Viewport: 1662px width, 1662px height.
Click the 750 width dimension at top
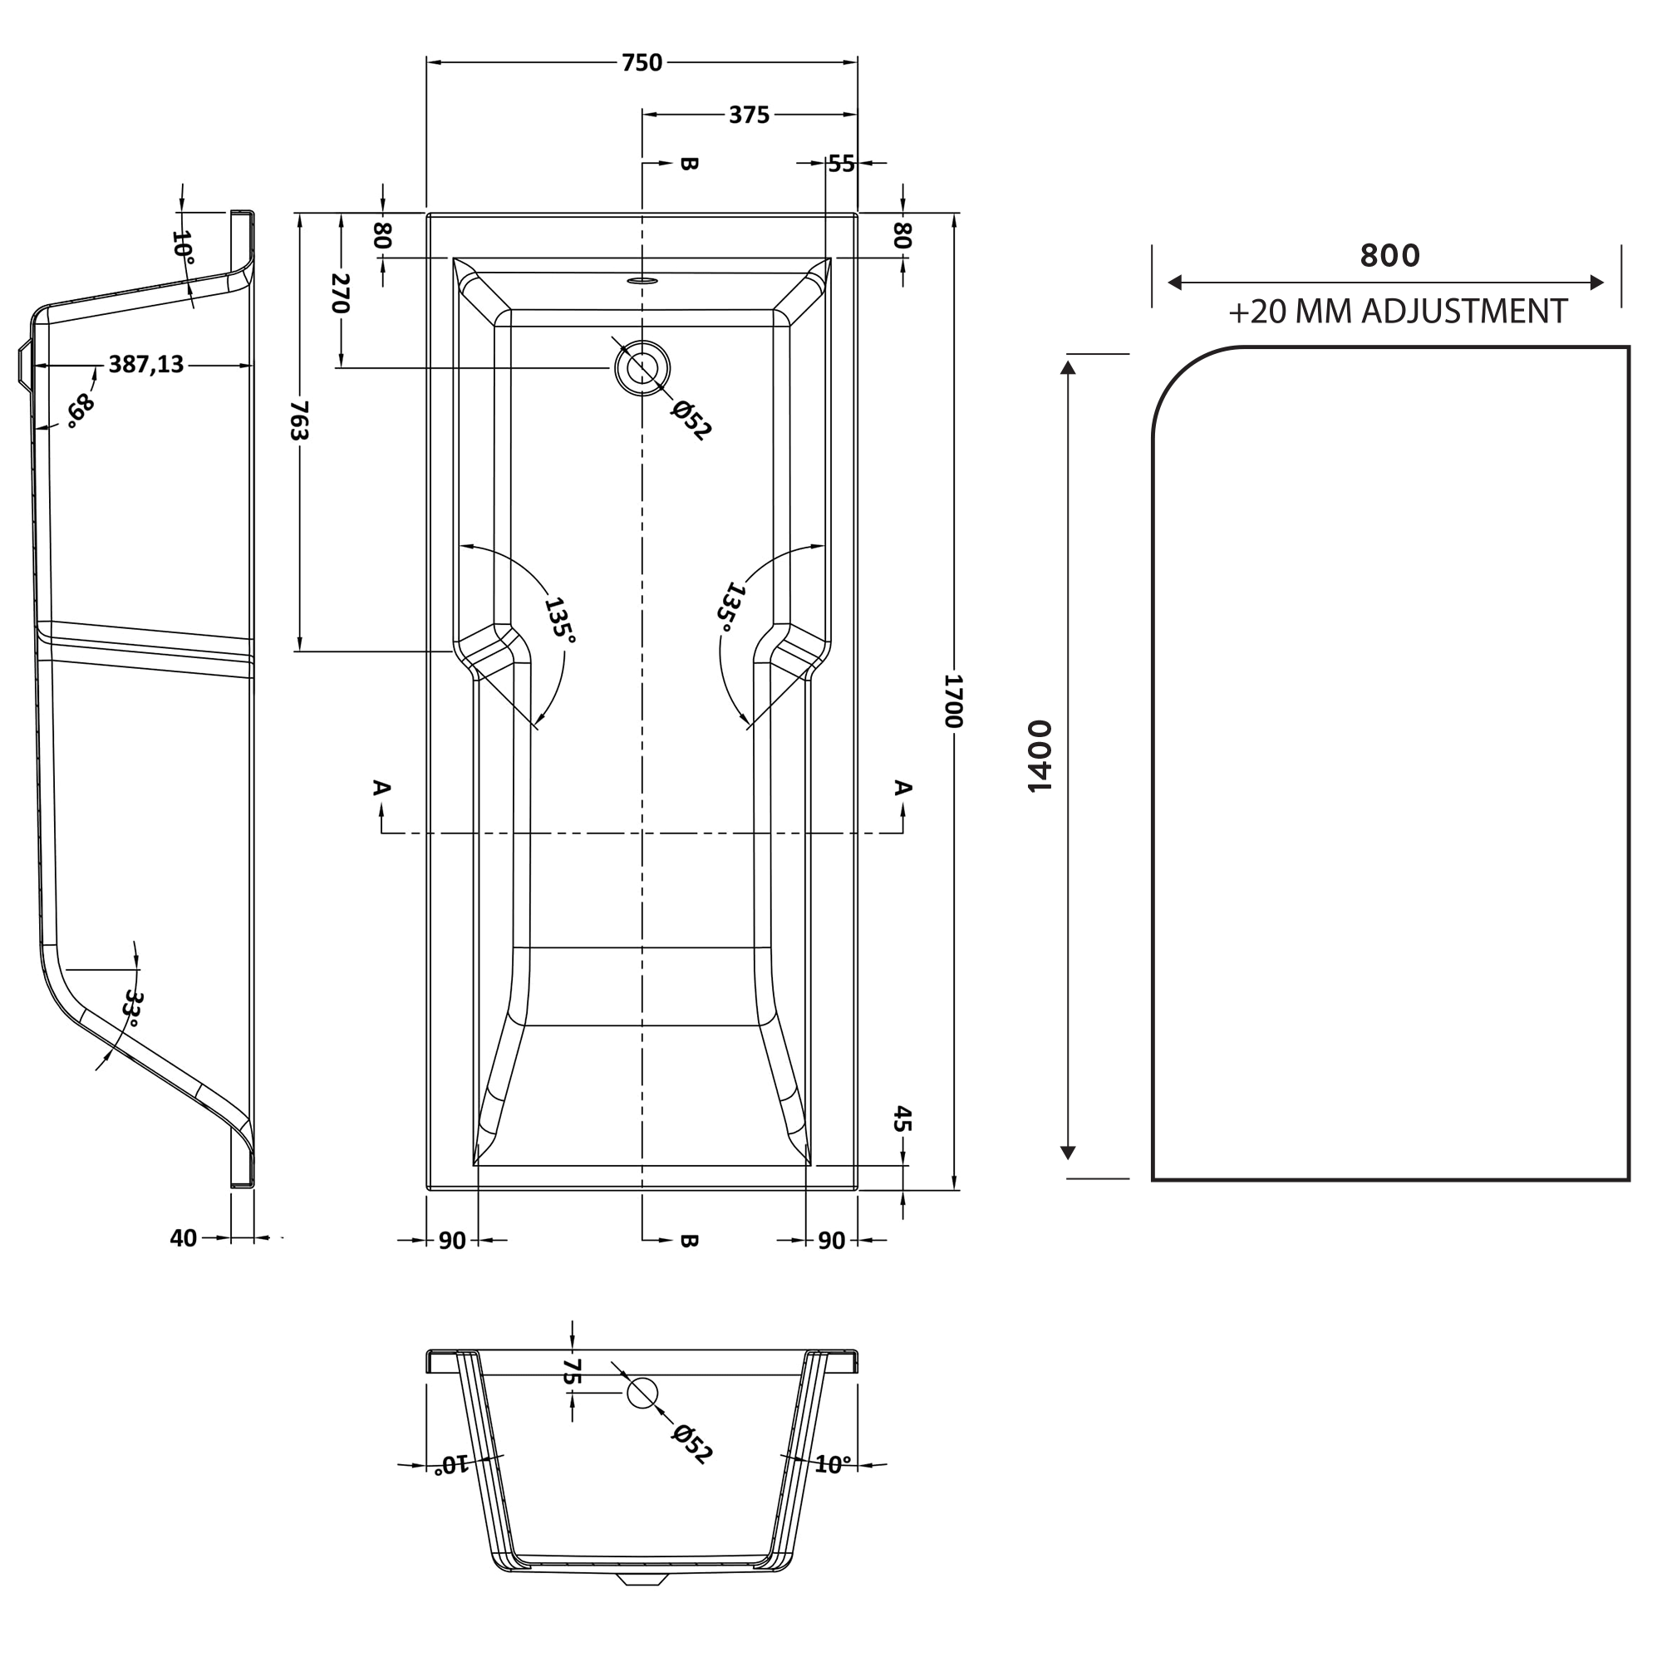click(642, 63)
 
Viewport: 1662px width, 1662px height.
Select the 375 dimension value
click(749, 116)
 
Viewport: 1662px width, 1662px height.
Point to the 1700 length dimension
click(953, 701)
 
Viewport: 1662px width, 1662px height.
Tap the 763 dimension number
click(298, 420)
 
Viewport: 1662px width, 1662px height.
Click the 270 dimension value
click(341, 293)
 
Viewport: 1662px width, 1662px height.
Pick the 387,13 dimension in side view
click(146, 365)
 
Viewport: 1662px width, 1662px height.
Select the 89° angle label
click(80, 411)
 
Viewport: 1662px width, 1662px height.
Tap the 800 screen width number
click(1389, 255)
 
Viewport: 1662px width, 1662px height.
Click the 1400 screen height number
click(1040, 756)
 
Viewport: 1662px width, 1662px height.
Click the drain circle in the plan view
click(642, 367)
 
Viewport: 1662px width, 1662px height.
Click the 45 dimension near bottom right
click(902, 1119)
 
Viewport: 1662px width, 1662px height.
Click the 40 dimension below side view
click(183, 1238)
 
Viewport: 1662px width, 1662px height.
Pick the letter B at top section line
click(688, 164)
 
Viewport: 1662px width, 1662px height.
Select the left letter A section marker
click(382, 787)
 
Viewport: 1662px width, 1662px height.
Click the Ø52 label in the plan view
click(691, 420)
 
